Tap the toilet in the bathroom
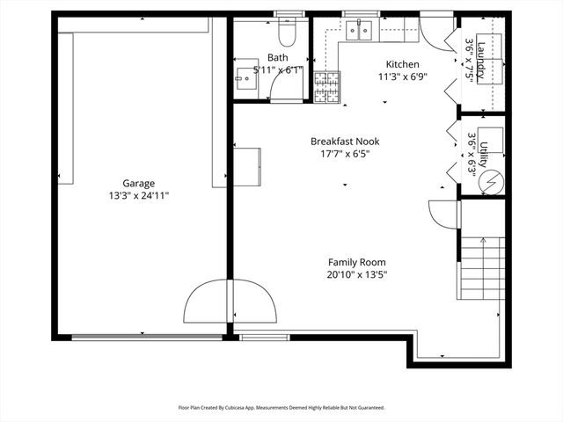coord(286,33)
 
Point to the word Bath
coord(277,58)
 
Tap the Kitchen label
coord(403,64)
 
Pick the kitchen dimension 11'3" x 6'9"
coord(403,76)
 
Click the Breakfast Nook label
coord(339,141)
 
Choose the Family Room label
coord(356,262)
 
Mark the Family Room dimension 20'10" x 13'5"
coord(356,274)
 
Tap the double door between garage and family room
coord(230,303)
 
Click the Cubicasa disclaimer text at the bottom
coord(281,408)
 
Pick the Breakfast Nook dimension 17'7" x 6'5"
coord(339,154)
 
